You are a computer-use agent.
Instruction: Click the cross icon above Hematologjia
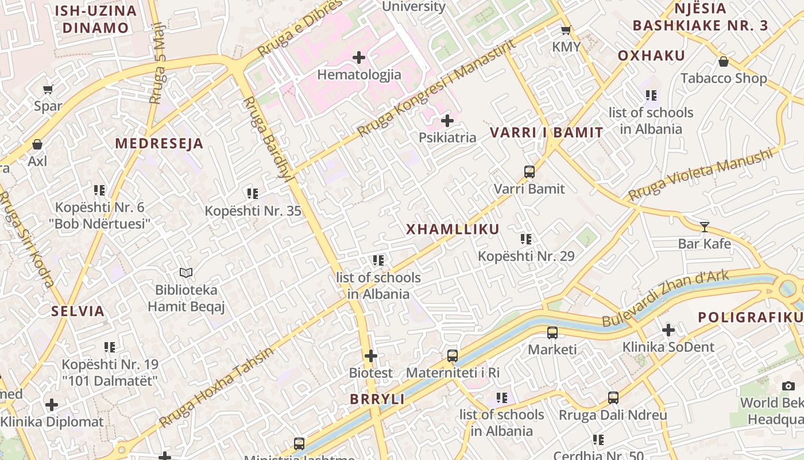(x=359, y=57)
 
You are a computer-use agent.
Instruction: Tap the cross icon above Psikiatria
(x=447, y=121)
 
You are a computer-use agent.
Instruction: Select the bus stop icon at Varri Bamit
(x=529, y=172)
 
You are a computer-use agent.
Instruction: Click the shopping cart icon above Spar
(x=48, y=89)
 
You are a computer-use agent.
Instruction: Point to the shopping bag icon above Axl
(x=37, y=144)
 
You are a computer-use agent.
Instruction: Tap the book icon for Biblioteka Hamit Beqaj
(x=185, y=273)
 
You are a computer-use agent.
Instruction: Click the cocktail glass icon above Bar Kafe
(x=705, y=227)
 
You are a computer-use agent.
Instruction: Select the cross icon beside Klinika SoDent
(x=668, y=330)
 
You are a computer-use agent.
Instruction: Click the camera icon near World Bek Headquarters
(x=788, y=386)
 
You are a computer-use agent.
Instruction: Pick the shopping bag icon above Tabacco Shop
(x=724, y=62)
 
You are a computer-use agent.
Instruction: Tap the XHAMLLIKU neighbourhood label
(x=453, y=229)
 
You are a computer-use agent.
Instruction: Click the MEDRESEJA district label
(x=160, y=144)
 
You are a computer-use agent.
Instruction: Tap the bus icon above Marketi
(x=552, y=332)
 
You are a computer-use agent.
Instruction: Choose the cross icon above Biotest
(x=371, y=356)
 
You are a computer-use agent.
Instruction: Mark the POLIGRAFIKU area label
(x=750, y=317)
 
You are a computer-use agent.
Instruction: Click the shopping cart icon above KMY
(x=566, y=30)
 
